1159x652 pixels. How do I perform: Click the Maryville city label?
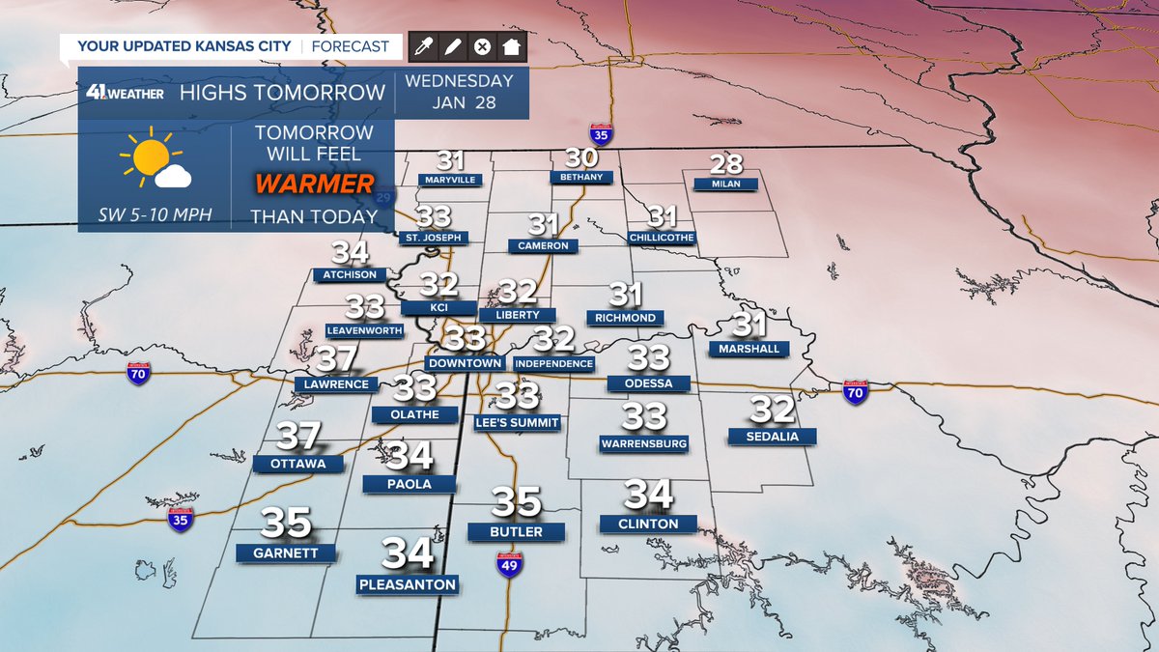click(450, 180)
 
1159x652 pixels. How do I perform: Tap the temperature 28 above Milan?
click(726, 164)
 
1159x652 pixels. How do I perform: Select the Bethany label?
click(580, 177)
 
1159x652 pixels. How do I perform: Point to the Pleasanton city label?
click(407, 584)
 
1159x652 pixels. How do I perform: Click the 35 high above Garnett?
click(286, 523)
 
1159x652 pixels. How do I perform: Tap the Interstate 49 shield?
click(510, 564)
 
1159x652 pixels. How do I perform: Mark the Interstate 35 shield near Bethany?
click(601, 134)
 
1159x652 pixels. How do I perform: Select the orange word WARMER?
click(314, 184)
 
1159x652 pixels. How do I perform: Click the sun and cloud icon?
click(155, 162)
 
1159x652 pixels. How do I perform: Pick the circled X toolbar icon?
click(482, 46)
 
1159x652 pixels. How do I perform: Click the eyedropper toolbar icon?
click(422, 46)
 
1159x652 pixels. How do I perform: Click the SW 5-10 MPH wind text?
click(155, 214)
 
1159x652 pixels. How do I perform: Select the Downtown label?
click(465, 363)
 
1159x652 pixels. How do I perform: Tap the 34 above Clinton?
click(648, 495)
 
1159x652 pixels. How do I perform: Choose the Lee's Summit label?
click(518, 422)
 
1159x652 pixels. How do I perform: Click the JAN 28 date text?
click(459, 102)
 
